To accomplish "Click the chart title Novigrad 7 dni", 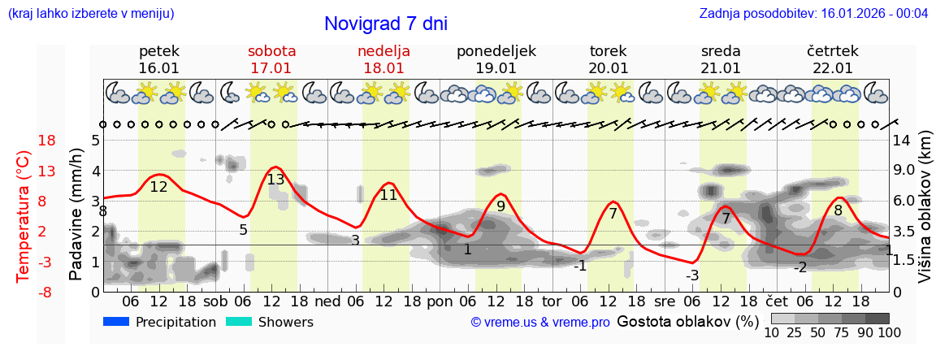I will click(x=386, y=24).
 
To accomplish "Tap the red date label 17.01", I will click(x=271, y=68).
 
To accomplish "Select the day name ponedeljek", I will click(x=496, y=51).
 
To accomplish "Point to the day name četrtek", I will click(x=833, y=51).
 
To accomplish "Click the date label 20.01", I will click(x=609, y=68).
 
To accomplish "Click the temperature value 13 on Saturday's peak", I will click(x=275, y=179).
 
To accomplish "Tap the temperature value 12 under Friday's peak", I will click(x=158, y=187).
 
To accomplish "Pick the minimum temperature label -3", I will click(x=691, y=275).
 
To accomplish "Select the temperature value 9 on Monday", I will click(x=500, y=206).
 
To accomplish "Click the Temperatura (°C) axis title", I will click(x=24, y=215).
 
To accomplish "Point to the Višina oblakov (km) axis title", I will click(x=925, y=215).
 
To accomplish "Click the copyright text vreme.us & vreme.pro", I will click(x=540, y=323).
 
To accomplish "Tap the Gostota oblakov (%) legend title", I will click(x=687, y=322).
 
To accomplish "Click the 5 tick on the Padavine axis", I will click(x=95, y=141).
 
